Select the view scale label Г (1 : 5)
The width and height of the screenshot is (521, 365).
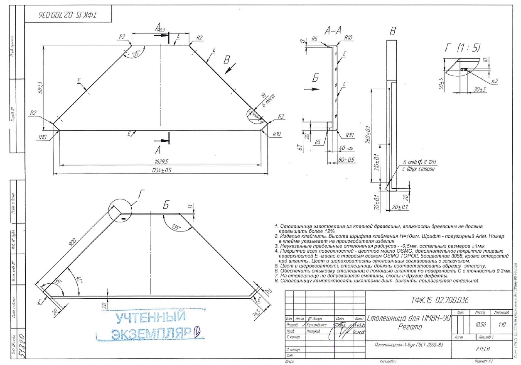click(x=462, y=48)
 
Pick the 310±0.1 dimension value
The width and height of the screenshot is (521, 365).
click(x=377, y=162)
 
